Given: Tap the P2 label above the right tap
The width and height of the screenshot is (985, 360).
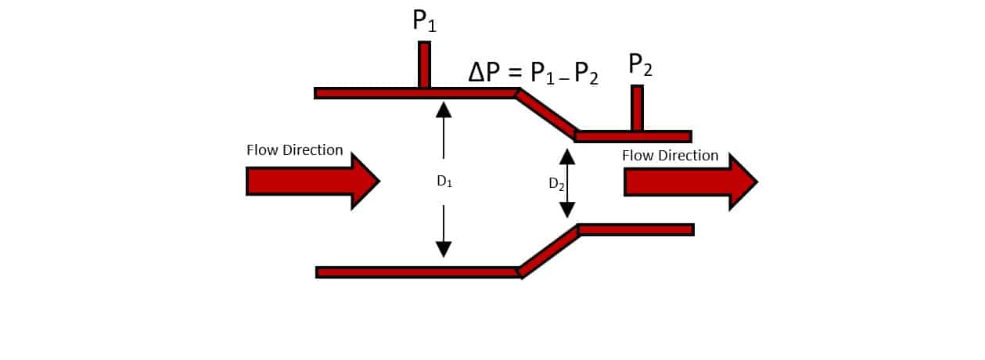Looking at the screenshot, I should (640, 67).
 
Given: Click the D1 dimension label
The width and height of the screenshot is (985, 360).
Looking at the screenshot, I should (444, 182).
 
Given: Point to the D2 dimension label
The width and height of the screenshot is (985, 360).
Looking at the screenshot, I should (556, 185).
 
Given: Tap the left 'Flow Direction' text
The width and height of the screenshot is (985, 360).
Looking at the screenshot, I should (295, 150).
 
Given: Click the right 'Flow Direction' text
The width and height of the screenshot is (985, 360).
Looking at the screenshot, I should (670, 156).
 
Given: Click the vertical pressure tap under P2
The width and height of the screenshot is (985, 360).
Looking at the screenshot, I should (638, 107).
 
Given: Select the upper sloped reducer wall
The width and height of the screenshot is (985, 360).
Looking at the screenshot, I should (546, 114).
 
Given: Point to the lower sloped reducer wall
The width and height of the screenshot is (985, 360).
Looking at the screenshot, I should (548, 250).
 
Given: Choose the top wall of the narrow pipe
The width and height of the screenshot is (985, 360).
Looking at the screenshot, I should (634, 136).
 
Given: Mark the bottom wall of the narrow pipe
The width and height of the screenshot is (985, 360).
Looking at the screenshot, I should (635, 229).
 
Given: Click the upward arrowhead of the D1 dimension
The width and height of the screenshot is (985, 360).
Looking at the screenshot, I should (444, 110).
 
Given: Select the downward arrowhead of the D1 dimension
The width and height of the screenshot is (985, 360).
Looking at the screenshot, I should (444, 250).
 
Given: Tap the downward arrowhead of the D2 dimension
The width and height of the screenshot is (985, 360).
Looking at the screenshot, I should (567, 210).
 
